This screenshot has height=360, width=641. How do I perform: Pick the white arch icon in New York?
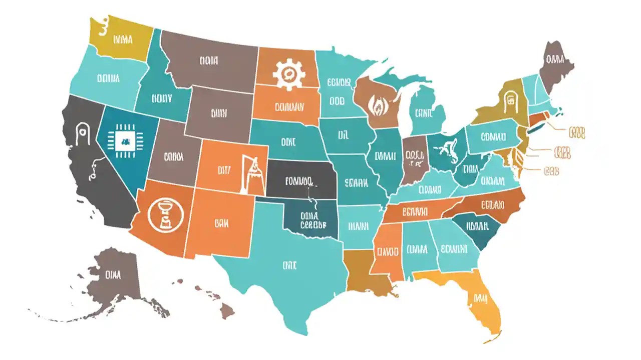pyautogui.click(x=511, y=100)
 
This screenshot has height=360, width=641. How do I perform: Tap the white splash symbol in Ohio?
pyautogui.click(x=447, y=150)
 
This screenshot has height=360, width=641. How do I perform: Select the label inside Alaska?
pyautogui.click(x=114, y=274)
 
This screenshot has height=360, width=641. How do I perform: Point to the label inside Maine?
pyautogui.click(x=554, y=60)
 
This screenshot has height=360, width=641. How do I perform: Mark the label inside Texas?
pyautogui.click(x=289, y=265)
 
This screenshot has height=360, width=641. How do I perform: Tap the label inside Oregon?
pyautogui.click(x=108, y=78)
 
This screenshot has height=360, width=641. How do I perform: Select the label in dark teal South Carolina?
pyautogui.click(x=477, y=226)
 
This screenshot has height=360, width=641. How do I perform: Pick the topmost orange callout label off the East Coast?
pyautogui.click(x=576, y=133)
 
